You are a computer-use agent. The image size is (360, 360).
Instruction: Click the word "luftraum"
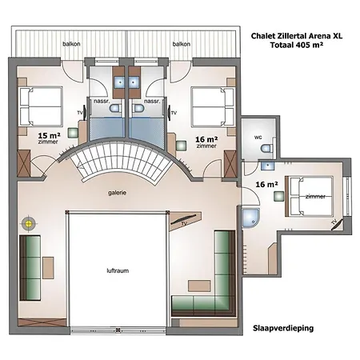click(118, 270)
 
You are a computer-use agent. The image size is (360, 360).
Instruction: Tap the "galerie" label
click(118, 193)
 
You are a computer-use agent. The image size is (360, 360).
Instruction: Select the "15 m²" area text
click(49, 135)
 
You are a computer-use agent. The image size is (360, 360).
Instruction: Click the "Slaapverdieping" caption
click(283, 328)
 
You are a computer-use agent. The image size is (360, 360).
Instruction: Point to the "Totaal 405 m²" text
click(297, 45)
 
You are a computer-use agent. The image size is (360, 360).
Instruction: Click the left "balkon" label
click(71, 44)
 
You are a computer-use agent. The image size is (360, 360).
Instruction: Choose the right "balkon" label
click(182, 44)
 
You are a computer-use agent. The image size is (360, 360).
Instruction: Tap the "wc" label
click(258, 138)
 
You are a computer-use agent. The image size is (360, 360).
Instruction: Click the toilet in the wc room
click(266, 149)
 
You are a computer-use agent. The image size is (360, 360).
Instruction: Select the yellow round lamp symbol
click(29, 223)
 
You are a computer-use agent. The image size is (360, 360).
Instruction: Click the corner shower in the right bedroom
click(250, 218)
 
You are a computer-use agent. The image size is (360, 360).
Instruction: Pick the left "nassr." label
click(100, 102)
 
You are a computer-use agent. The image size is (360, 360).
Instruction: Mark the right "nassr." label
click(152, 102)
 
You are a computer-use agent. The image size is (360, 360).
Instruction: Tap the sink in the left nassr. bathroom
click(120, 82)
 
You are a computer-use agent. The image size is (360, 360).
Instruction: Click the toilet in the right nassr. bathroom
click(138, 108)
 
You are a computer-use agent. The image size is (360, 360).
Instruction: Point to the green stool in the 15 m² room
click(73, 133)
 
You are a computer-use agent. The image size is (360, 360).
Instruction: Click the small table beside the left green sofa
click(48, 268)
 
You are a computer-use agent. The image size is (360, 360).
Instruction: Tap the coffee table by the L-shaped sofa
click(199, 286)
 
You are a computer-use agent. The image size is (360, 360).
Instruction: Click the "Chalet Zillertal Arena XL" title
click(297, 36)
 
